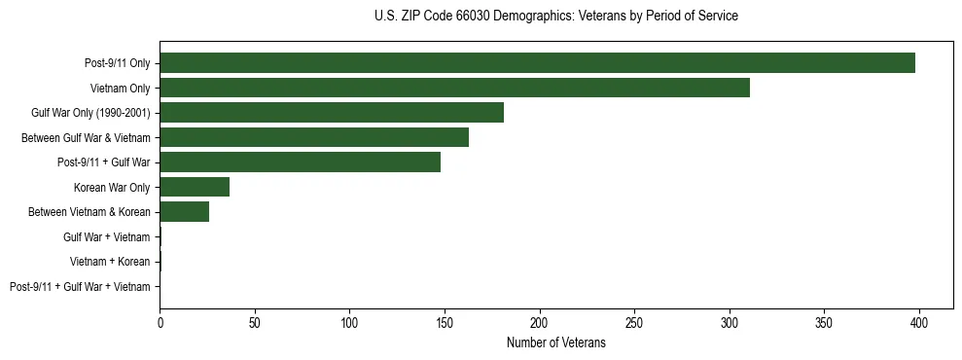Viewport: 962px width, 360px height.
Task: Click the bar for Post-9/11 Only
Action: point(537,63)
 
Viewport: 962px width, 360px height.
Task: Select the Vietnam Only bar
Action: point(454,88)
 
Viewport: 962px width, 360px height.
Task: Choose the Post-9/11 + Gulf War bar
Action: point(300,162)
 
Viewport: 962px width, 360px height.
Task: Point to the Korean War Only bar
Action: point(195,187)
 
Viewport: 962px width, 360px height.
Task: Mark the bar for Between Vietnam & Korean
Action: point(184,212)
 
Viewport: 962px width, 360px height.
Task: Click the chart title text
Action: point(555,17)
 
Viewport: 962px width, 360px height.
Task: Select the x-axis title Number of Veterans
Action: point(555,343)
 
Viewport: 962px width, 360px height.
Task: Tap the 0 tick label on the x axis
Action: point(160,323)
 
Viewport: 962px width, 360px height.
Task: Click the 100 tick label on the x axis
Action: point(349,323)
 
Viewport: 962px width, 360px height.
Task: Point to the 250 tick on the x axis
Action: point(634,323)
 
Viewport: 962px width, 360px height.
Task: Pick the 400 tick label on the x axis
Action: point(919,323)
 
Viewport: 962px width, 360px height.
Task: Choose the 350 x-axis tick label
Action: point(824,323)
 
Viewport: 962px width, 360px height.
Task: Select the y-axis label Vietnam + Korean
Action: point(110,262)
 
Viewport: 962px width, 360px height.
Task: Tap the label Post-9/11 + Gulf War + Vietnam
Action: point(80,287)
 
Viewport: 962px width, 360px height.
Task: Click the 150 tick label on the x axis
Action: point(445,323)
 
